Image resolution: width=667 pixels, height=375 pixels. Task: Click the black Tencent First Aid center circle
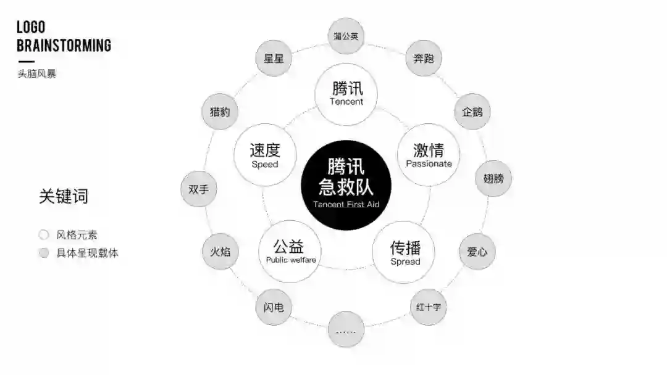346,186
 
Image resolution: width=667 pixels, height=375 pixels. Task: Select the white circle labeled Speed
265,155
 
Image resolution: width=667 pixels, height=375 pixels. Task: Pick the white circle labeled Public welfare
290,252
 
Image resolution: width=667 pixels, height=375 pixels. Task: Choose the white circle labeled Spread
405,252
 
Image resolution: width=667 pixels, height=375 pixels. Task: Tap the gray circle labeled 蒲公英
346,36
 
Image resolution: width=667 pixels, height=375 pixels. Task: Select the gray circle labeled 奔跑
424,59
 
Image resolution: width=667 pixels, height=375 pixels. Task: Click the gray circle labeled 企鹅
472,112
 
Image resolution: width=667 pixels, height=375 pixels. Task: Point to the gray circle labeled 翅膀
493,179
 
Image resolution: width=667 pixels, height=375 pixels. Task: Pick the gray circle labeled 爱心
477,252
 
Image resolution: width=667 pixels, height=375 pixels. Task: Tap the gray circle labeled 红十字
428,306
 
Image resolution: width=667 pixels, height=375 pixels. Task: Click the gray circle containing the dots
346,330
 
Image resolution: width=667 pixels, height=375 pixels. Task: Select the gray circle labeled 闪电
274,307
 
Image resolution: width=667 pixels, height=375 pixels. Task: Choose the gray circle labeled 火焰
220,252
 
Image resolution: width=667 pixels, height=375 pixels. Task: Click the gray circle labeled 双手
199,189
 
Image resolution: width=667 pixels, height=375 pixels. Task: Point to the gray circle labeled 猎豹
220,112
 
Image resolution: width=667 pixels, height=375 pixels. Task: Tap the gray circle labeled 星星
274,59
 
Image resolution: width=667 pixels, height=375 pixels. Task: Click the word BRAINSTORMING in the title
64,46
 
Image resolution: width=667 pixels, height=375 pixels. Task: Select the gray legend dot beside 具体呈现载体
43,253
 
